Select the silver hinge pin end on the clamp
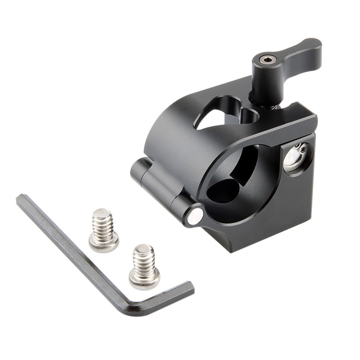pos(195,216)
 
